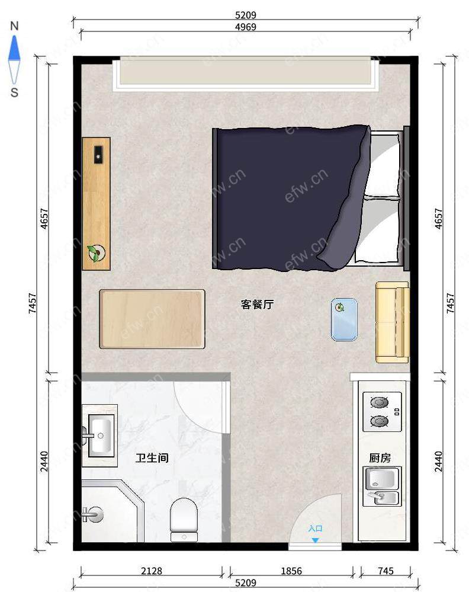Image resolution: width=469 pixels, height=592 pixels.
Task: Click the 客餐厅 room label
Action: [x=257, y=305]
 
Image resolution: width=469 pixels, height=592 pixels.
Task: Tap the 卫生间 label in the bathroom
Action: [x=152, y=458]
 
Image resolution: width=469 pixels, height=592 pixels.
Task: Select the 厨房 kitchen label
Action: [x=380, y=458]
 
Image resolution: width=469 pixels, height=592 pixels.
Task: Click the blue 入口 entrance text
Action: [x=315, y=528]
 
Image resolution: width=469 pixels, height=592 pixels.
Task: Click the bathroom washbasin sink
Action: [x=100, y=436]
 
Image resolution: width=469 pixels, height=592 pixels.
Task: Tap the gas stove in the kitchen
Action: [x=382, y=411]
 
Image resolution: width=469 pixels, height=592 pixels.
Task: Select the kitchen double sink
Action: [x=382, y=487]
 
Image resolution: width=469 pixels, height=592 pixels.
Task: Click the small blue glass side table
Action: [x=344, y=319]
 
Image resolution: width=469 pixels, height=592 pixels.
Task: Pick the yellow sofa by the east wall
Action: [x=393, y=322]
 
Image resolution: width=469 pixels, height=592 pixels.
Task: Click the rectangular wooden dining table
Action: [x=152, y=319]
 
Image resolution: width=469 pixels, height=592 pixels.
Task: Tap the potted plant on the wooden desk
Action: [x=96, y=252]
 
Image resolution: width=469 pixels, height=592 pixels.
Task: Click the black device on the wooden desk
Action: [x=98, y=155]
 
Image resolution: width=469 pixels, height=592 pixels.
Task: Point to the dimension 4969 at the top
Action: [x=246, y=27]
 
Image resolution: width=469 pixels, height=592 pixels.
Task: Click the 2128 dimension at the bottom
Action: [x=152, y=571]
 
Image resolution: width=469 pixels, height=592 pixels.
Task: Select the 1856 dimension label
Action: [x=291, y=571]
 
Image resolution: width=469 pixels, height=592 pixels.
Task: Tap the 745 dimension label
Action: [x=386, y=571]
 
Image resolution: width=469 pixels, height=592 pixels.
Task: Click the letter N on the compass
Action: [x=14, y=26]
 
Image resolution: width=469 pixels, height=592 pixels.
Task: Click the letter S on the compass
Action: [x=14, y=92]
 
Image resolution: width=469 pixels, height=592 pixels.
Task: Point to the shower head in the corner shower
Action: [x=93, y=514]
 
